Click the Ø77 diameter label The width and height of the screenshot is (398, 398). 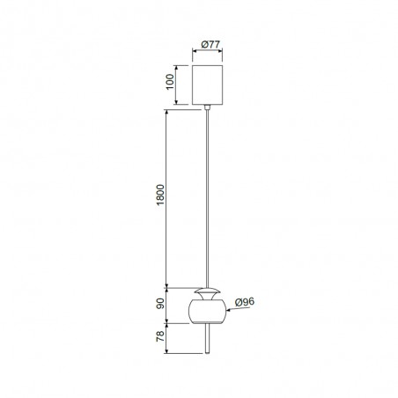(209, 43)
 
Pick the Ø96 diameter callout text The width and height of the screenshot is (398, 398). (245, 301)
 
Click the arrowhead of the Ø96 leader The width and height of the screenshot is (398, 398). (227, 309)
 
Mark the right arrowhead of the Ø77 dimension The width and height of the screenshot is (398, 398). (223, 52)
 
